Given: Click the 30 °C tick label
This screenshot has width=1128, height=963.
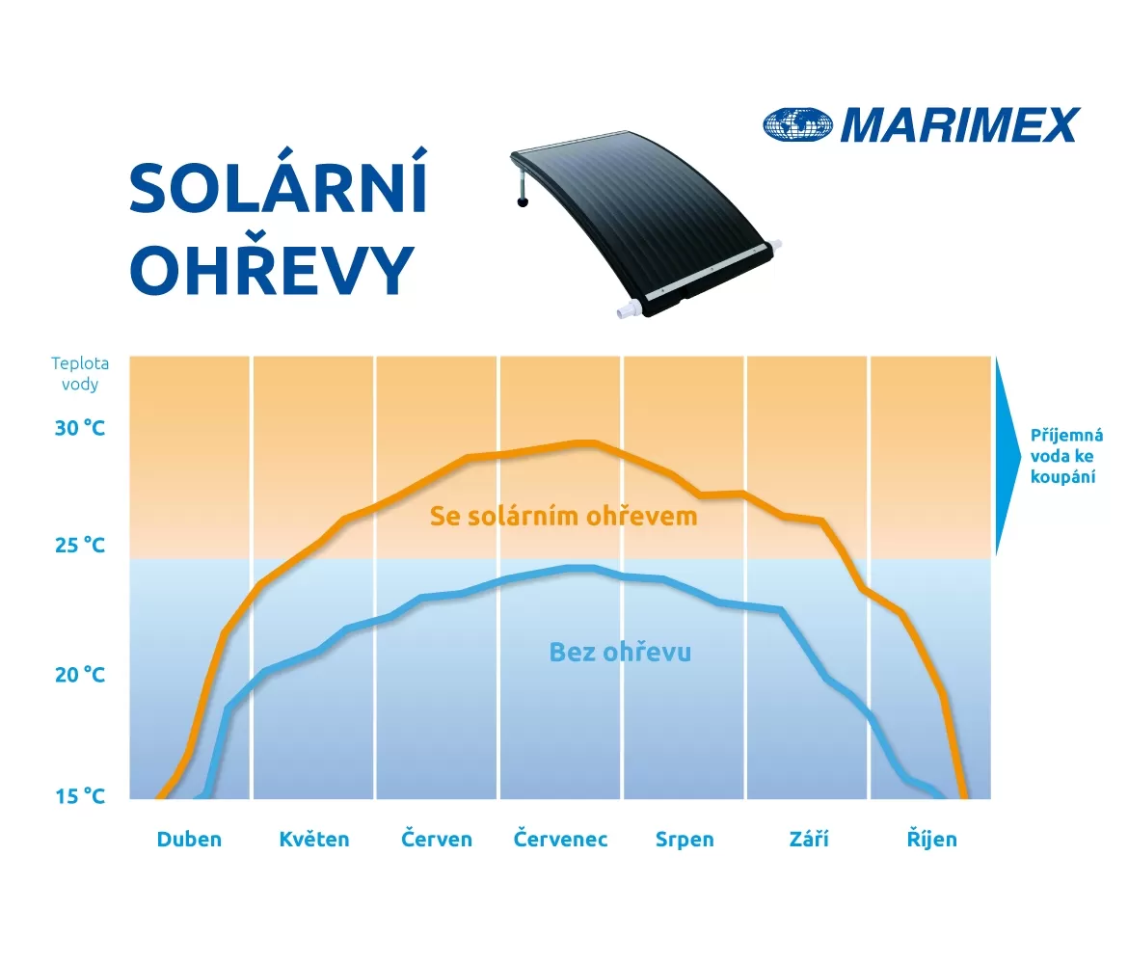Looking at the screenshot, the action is [80, 428].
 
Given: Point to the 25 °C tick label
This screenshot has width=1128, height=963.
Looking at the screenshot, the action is [80, 546].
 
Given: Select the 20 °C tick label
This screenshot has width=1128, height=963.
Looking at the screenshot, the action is [80, 675].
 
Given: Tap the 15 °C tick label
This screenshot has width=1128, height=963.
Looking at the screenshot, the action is [80, 796].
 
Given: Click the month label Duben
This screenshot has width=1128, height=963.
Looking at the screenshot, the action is [189, 840].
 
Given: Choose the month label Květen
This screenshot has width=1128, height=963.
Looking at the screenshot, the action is [314, 840].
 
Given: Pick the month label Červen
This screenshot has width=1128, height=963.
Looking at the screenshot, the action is [437, 839].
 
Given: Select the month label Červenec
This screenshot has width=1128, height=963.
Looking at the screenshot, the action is [560, 839].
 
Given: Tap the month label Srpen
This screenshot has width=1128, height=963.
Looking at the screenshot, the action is [685, 840].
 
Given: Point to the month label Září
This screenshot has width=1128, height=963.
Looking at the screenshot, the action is [809, 839].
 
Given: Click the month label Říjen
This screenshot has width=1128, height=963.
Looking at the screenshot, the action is [931, 839].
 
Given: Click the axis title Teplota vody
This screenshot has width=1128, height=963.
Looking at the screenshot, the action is [80, 373].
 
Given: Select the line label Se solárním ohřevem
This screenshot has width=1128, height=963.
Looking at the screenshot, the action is [563, 517].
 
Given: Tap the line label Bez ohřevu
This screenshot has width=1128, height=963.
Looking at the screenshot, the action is [620, 653].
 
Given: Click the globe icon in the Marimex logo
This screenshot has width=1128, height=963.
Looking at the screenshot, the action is [797, 124].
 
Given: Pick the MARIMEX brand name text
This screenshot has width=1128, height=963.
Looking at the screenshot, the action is [960, 125].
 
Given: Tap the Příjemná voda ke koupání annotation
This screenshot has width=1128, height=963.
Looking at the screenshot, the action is [1066, 456].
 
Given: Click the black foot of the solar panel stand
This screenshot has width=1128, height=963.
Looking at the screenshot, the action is [523, 202].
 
